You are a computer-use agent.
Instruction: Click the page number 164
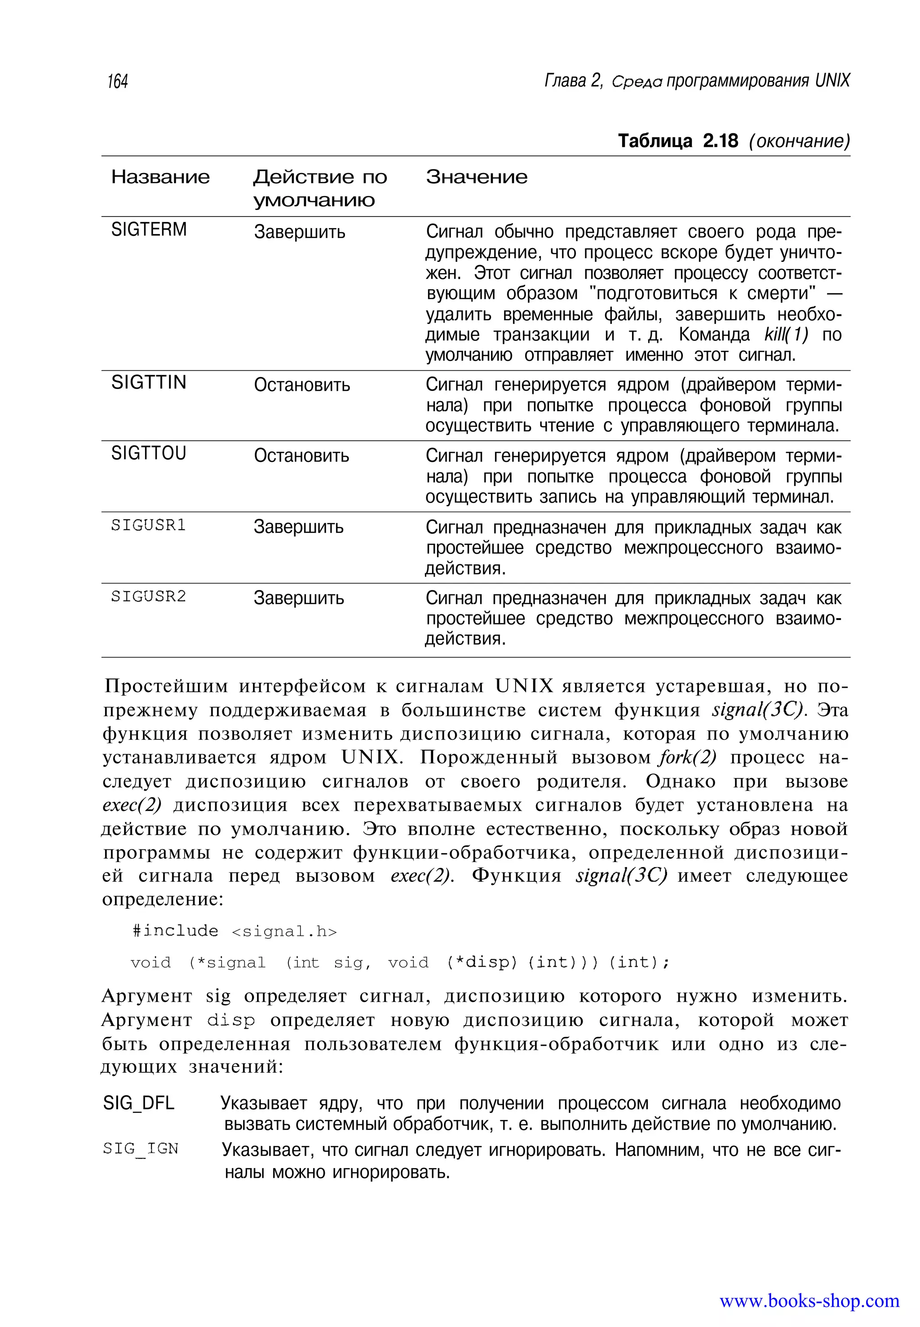tap(118, 81)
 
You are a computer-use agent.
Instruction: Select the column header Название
tap(160, 177)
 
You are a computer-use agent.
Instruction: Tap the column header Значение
tap(476, 177)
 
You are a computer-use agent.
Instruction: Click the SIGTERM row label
tap(149, 230)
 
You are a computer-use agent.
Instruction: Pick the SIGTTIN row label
tap(149, 382)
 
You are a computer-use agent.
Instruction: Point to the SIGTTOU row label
tap(149, 453)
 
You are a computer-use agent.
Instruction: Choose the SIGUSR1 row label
tap(149, 525)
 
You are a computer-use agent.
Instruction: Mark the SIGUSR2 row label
tap(149, 596)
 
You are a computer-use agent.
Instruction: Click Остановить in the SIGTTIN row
tap(301, 385)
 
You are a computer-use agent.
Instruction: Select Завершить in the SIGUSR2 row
tap(299, 598)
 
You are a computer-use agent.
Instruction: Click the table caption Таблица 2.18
tap(678, 141)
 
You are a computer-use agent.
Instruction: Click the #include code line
tap(234, 931)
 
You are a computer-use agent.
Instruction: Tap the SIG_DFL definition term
tap(138, 1103)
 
